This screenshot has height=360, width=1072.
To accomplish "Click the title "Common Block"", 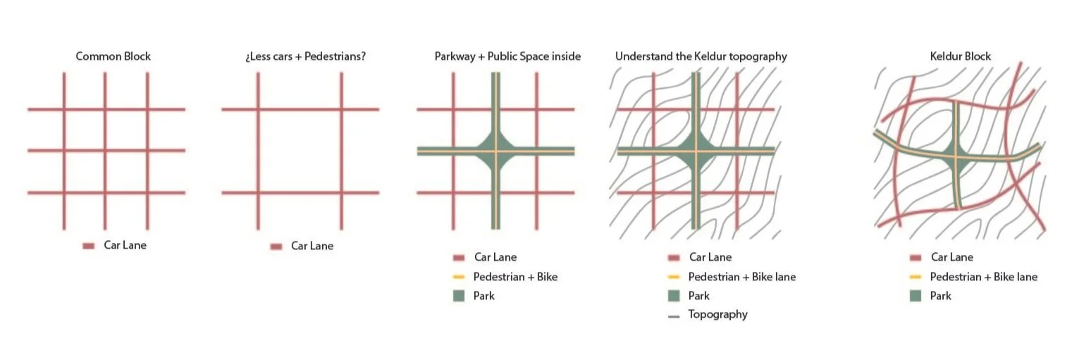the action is [113, 56].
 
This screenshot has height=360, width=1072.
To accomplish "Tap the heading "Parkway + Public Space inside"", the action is [507, 56].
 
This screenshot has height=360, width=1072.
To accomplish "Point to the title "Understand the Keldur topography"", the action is [701, 56].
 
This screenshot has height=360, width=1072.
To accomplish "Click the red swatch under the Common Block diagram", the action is [88, 246].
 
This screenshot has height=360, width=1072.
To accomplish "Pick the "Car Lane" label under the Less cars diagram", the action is [312, 246].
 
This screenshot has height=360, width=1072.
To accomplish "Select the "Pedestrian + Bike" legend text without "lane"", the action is [515, 277].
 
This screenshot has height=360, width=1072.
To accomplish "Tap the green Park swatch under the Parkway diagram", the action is [460, 296].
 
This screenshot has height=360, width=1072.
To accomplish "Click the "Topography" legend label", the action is [717, 314].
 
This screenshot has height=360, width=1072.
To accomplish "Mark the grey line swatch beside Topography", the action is [674, 316].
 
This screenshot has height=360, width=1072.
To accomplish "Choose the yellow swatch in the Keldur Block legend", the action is [916, 277].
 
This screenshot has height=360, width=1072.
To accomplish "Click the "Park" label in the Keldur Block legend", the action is [940, 296].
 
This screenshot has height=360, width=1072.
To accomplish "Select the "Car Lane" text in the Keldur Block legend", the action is [951, 257].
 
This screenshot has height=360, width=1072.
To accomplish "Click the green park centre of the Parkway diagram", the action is [495, 151].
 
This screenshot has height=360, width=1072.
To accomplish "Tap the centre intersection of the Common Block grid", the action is [106, 150].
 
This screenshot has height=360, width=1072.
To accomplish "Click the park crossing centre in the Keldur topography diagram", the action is [696, 151].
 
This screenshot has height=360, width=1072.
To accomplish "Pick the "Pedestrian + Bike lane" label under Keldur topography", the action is [741, 277].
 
